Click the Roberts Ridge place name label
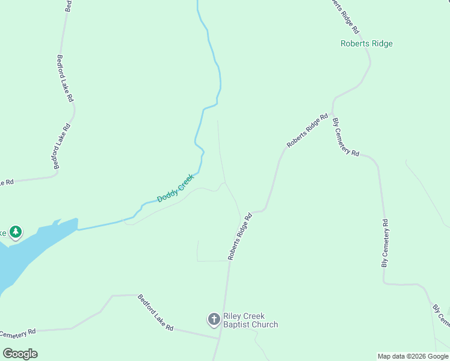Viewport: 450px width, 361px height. (x=366, y=43)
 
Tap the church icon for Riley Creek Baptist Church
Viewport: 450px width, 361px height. (x=214, y=319)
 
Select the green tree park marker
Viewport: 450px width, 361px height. (x=16, y=232)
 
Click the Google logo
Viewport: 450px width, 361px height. (x=20, y=353)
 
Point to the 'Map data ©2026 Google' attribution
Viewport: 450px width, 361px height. (x=413, y=356)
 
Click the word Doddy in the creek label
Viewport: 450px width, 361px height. (x=168, y=194)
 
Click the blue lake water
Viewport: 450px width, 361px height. (x=24, y=253)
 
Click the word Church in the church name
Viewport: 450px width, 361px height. (x=267, y=325)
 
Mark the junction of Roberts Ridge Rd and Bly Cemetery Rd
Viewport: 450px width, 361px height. (x=332, y=112)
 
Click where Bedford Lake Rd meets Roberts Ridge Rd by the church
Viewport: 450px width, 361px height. (x=219, y=338)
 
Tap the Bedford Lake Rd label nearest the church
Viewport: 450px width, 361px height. (x=155, y=312)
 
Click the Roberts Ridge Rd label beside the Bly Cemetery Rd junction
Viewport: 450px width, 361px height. (x=307, y=131)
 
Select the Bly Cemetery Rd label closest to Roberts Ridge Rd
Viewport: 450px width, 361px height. (x=346, y=137)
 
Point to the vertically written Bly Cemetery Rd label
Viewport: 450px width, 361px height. (x=385, y=243)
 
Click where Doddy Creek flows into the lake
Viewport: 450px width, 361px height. (x=78, y=229)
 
